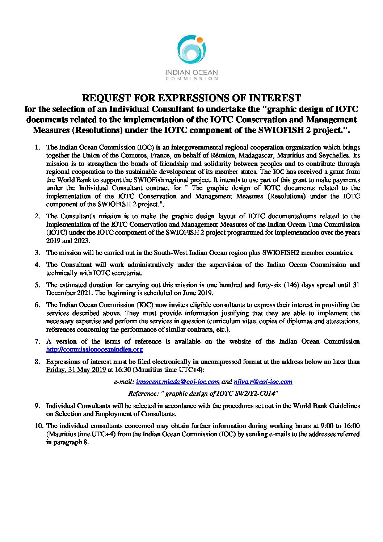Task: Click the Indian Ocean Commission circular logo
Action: click(x=191, y=50)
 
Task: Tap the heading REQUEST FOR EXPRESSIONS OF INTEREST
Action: click(x=191, y=98)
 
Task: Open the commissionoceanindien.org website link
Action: click(x=94, y=350)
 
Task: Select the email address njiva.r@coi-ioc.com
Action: click(x=263, y=382)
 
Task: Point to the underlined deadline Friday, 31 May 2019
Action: click(x=76, y=370)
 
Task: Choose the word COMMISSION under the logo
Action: click(x=191, y=79)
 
